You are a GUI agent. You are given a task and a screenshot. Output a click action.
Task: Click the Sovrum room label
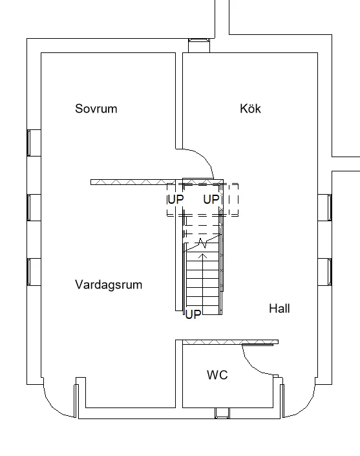pyautogui.click(x=96, y=109)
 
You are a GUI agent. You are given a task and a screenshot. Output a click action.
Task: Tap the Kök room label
pyautogui.click(x=250, y=109)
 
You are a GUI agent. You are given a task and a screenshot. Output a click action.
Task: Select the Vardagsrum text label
pyautogui.click(x=109, y=285)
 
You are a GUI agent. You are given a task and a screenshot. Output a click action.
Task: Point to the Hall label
pyautogui.click(x=279, y=309)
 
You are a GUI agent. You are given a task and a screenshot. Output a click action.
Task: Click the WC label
pyautogui.click(x=217, y=375)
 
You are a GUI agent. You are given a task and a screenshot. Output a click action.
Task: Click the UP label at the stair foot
pyautogui.click(x=193, y=314)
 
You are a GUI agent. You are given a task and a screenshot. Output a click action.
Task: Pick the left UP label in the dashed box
pyautogui.click(x=176, y=200)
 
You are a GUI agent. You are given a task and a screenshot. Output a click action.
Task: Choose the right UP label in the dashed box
pyautogui.click(x=211, y=200)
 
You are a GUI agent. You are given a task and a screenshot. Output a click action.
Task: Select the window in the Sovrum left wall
pyautogui.click(x=34, y=142)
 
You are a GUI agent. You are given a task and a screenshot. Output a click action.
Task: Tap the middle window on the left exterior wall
pyautogui.click(x=34, y=207)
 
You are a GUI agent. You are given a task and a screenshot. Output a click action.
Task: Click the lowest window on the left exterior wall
pyautogui.click(x=34, y=271)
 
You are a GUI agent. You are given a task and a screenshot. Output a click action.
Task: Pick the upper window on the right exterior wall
pyautogui.click(x=324, y=207)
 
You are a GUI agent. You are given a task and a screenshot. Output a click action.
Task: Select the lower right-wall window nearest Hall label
pyautogui.click(x=324, y=271)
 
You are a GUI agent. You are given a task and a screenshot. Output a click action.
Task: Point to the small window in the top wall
pyautogui.click(x=198, y=45)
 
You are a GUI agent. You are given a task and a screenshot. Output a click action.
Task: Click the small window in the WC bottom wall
pyautogui.click(x=222, y=413)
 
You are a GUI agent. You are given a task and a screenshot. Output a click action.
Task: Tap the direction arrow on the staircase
pyautogui.click(x=204, y=259)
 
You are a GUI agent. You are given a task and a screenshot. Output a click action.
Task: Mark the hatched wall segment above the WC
pyautogui.click(x=230, y=341)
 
